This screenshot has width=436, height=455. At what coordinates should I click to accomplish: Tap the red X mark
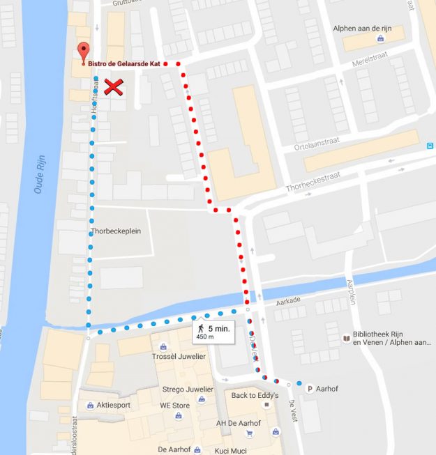tap(114, 87)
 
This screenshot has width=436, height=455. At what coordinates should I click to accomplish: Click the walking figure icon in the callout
tap(201, 327)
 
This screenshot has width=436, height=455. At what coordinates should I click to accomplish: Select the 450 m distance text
tap(205, 337)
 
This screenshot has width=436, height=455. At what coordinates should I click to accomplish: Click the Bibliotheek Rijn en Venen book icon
tap(347, 339)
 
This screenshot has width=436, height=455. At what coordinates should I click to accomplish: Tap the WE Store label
tap(175, 405)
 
